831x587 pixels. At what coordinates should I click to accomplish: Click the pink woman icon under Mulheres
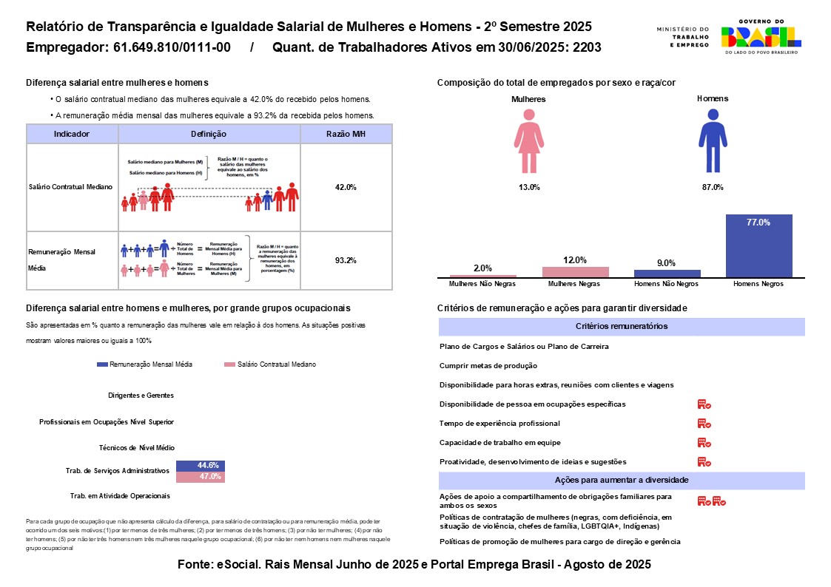coord(529,138)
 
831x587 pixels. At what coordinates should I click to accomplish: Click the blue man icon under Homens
coord(712,138)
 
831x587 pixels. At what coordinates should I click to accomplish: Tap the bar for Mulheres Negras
coord(575,271)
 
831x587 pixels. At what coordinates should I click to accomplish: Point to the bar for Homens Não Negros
coord(667,273)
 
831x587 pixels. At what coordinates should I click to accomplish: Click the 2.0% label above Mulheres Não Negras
coord(482,268)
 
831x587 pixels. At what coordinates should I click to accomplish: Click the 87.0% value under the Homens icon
coord(712,187)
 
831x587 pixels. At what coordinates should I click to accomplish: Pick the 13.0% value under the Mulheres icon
coord(529,187)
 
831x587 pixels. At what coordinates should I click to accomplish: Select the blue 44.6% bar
coord(200,466)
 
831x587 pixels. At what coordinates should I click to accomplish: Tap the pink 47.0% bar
coord(200,477)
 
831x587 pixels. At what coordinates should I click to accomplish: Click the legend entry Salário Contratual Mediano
coord(275,364)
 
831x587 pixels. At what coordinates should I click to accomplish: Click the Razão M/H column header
coord(346,134)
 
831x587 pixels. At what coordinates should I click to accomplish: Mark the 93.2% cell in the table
coord(346,260)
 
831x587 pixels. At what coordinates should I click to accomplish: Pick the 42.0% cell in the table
coord(346,187)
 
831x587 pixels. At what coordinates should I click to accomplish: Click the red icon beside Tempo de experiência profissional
coord(704,424)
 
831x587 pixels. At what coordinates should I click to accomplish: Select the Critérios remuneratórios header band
coord(622,327)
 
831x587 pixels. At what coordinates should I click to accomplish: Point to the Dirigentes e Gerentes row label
coord(141,396)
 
